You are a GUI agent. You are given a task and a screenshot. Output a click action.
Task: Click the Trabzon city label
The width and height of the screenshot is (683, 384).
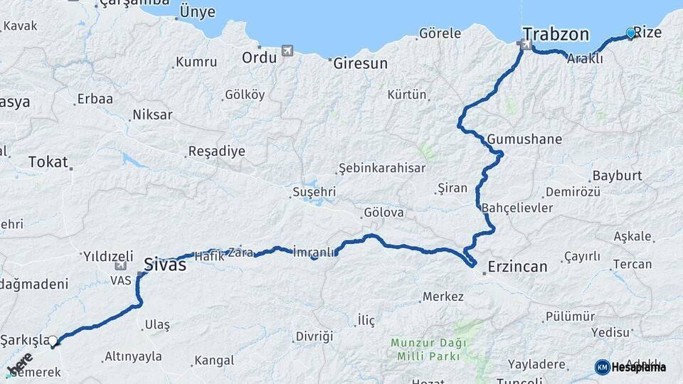(556, 34)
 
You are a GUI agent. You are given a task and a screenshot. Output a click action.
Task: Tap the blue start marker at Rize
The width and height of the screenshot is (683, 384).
(630, 33)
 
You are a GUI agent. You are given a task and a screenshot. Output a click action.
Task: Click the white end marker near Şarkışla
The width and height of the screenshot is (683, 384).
(53, 341)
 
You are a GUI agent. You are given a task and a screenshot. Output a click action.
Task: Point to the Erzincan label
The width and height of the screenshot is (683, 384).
(517, 267)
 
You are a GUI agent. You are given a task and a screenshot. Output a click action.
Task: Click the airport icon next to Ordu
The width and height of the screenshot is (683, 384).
(287, 50)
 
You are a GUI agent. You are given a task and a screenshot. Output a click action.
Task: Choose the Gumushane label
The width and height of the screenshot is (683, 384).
(525, 139)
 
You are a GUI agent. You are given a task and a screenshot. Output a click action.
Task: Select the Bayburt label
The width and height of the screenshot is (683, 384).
(618, 175)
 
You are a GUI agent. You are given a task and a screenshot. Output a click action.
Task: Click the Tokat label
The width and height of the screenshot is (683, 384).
(48, 161)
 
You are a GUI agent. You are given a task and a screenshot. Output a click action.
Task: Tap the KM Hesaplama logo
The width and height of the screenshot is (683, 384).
(630, 367)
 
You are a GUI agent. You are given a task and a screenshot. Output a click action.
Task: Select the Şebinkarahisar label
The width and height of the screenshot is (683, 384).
(382, 169)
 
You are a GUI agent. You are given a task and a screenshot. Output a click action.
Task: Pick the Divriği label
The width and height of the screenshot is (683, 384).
(314, 336)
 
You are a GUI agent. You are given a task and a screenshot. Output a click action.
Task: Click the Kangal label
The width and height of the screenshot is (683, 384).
(214, 361)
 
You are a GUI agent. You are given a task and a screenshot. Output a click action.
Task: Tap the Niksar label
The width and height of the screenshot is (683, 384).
(153, 114)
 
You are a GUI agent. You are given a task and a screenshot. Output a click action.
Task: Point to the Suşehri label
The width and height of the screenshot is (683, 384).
(314, 192)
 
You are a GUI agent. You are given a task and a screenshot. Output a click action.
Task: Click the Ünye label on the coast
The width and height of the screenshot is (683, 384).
(198, 11)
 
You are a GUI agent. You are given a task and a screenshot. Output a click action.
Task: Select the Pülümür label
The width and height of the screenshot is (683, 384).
(570, 316)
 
